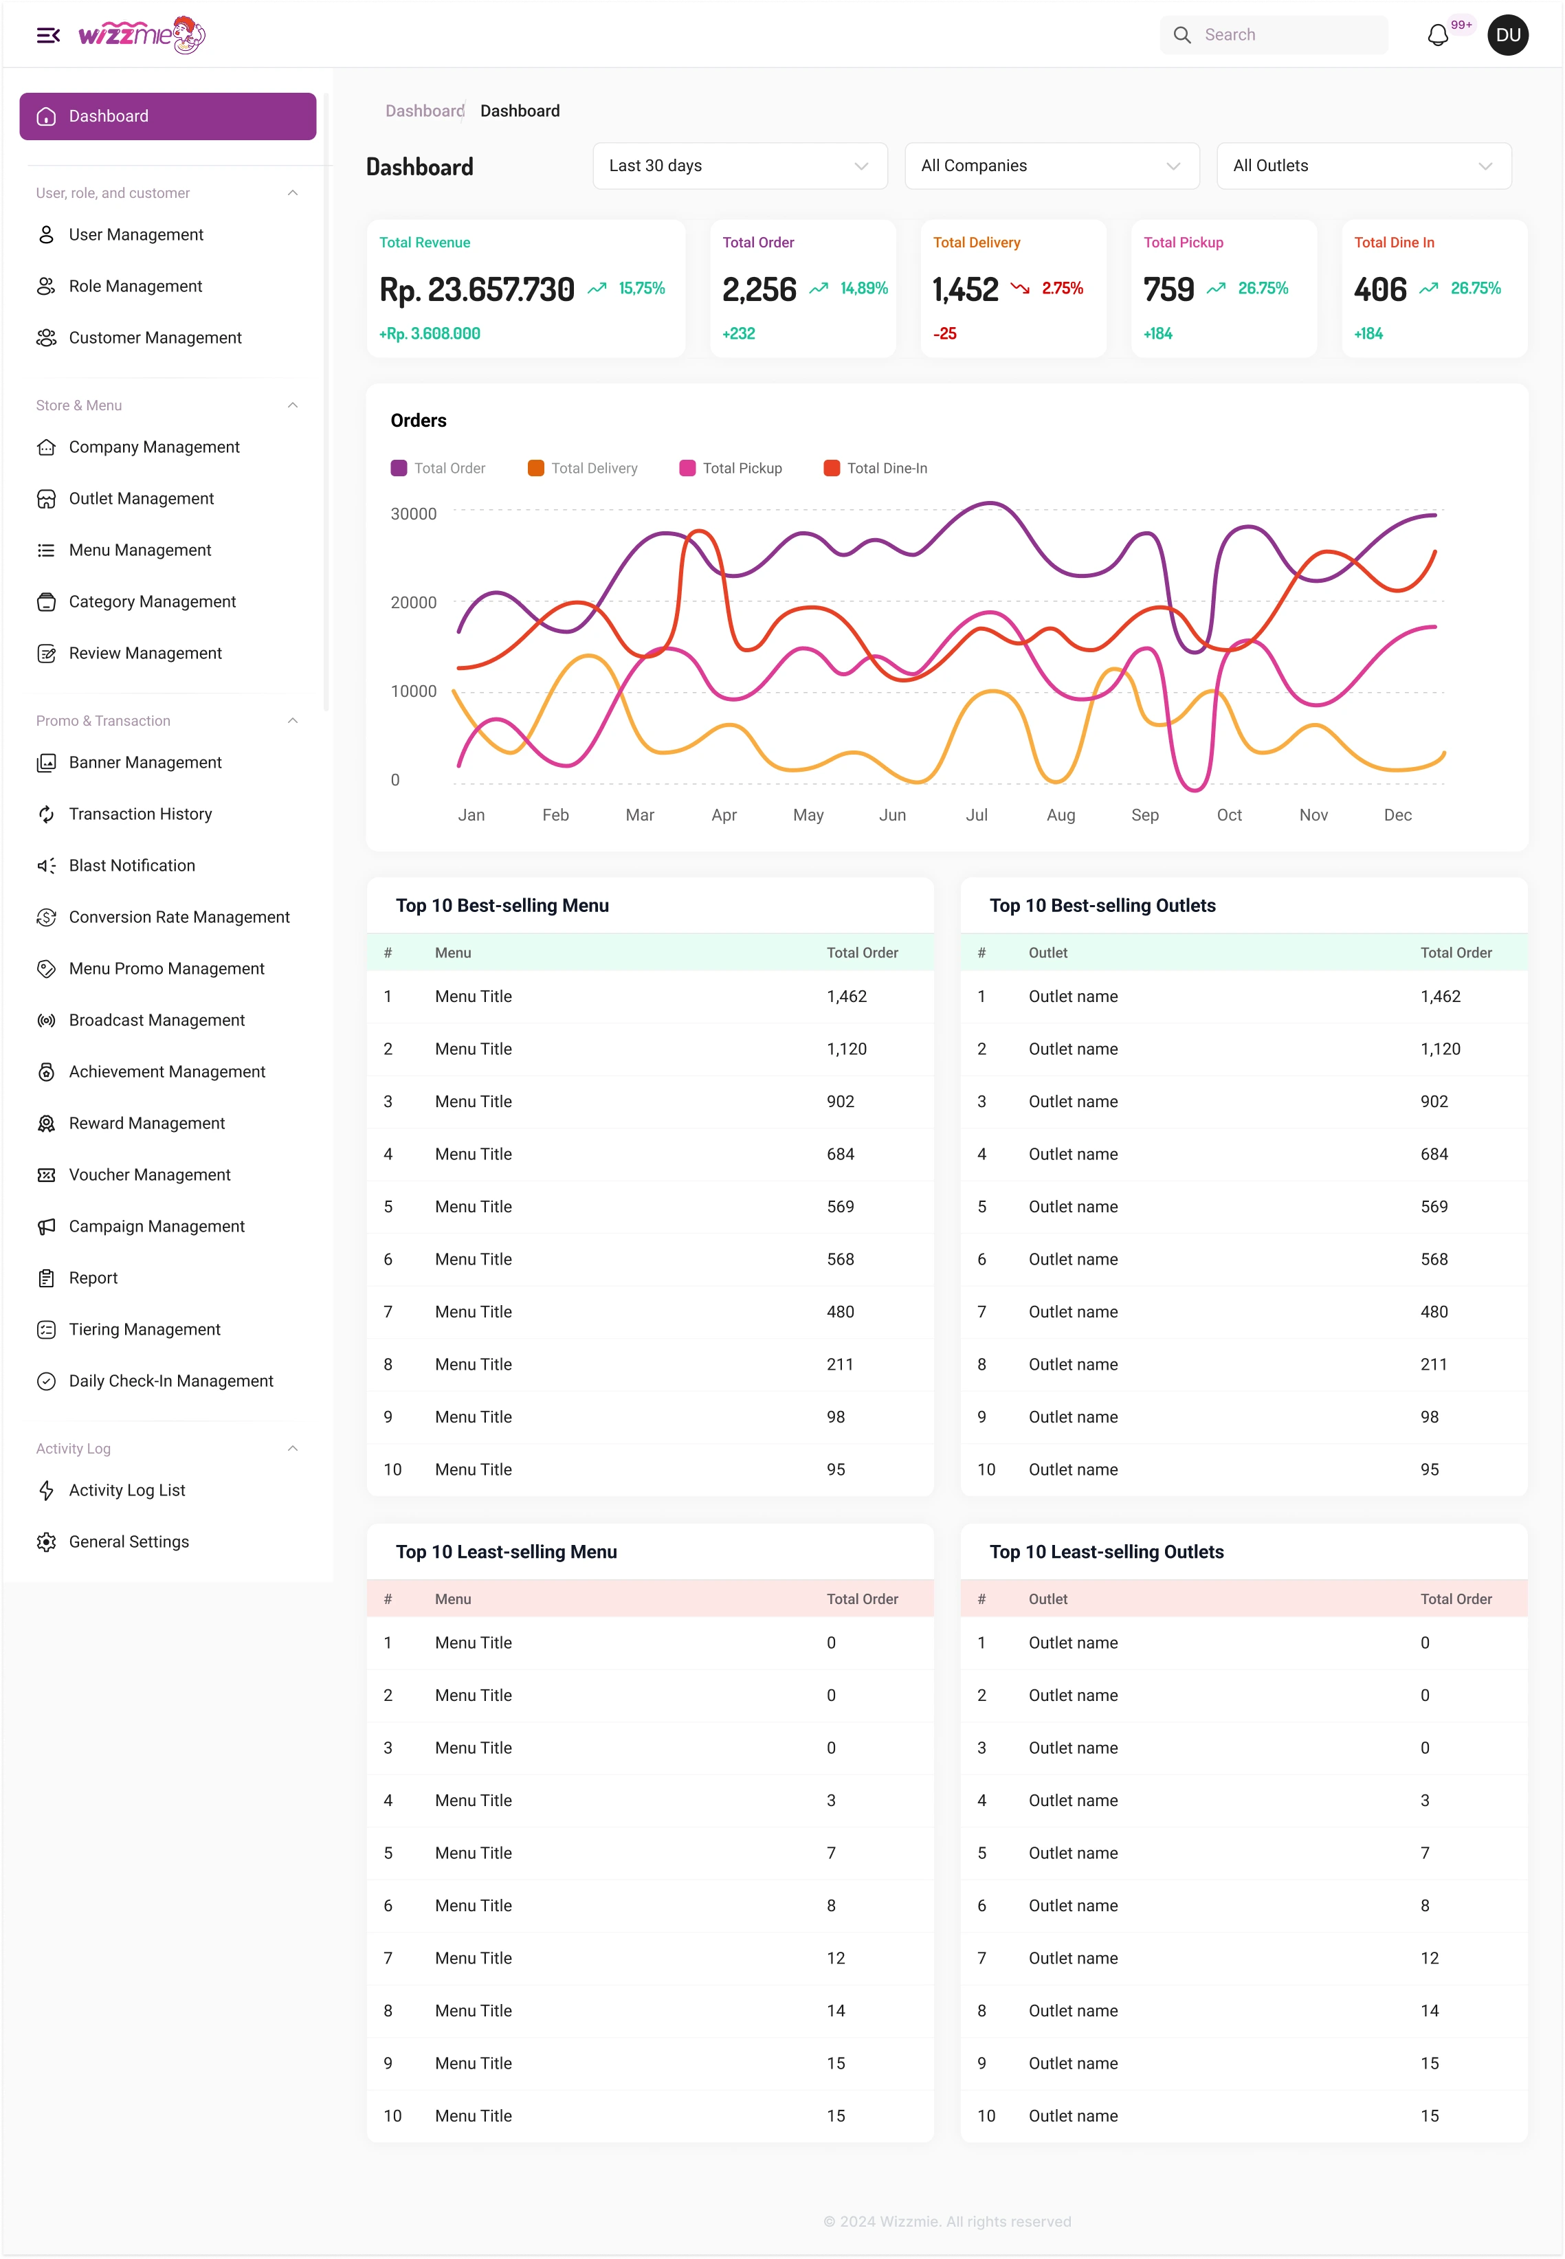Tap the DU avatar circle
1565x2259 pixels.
1507,35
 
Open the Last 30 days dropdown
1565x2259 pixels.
740,166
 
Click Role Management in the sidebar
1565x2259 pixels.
135,287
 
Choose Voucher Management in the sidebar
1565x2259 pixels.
149,1175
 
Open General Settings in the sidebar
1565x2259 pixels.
129,1542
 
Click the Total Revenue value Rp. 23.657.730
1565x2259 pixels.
476,289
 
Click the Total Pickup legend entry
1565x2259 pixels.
731,469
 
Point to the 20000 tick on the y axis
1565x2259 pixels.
414,602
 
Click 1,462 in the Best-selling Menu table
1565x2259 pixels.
846,996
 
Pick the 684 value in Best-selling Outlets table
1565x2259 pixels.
1434,1154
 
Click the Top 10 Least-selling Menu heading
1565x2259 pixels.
506,1552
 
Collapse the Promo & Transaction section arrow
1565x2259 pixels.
292,721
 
